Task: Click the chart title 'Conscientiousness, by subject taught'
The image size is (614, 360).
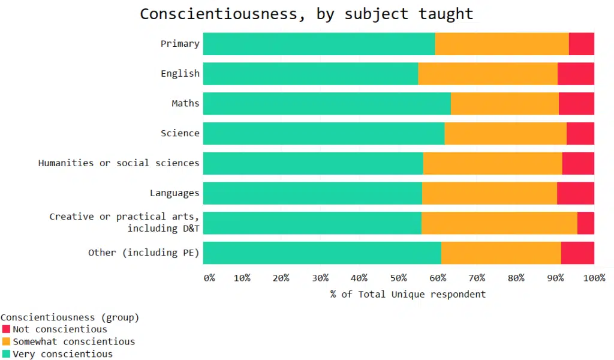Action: pos(306,14)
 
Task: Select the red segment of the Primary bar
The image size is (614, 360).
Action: pos(581,44)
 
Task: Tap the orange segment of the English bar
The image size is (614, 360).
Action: pos(487,74)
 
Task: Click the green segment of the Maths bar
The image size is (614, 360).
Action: pos(327,104)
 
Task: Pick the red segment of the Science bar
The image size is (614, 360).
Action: pos(580,133)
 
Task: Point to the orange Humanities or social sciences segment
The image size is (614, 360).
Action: pos(492,163)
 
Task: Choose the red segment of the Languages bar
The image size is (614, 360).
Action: pos(575,193)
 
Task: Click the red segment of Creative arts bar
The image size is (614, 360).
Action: pos(585,223)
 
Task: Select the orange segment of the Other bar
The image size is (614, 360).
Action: pos(501,253)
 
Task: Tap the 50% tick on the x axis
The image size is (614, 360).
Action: pos(398,278)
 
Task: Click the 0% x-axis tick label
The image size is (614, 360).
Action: pos(209,278)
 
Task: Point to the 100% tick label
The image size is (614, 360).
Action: pos(594,278)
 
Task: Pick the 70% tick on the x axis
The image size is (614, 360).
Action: pos(477,278)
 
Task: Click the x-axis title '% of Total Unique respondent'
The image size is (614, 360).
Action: pos(408,294)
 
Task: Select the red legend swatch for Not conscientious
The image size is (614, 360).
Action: pos(6,329)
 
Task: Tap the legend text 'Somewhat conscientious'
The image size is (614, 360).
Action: pos(74,341)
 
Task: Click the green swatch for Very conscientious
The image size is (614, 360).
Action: pos(6,354)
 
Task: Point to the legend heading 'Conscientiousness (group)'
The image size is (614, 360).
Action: pos(70,317)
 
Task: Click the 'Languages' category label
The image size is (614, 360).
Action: pos(174,193)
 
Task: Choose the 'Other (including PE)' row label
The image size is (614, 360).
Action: pos(144,253)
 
